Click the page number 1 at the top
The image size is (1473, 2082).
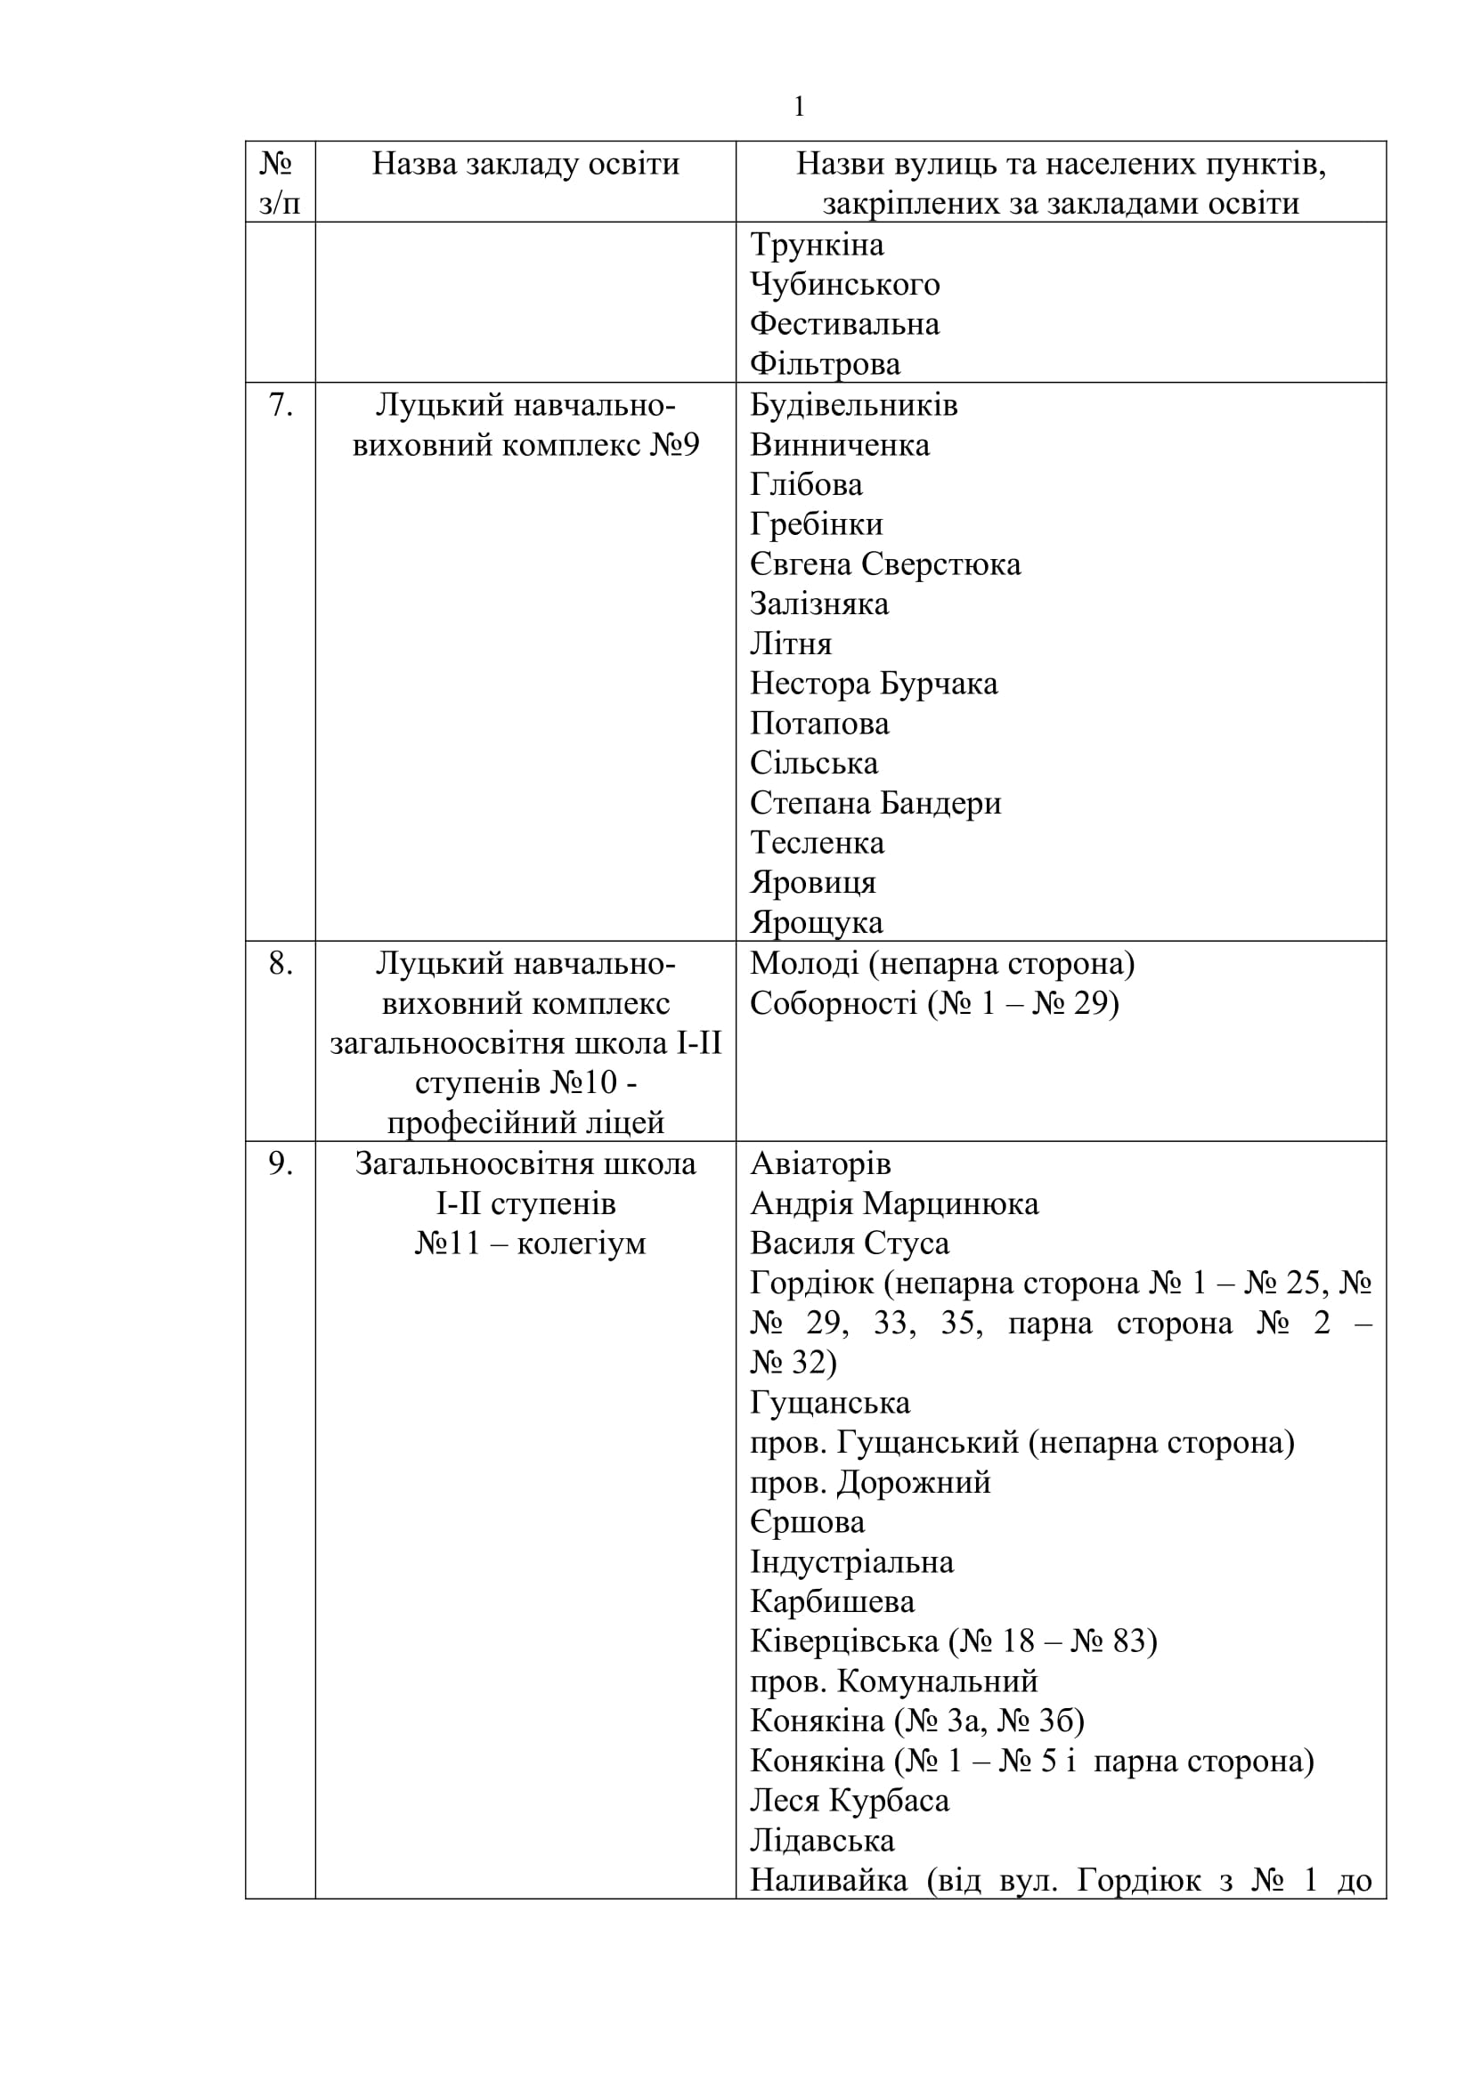tap(798, 108)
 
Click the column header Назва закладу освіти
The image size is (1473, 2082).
tap(525, 164)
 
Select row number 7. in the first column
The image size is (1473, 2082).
tap(281, 405)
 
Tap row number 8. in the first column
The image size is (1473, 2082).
tap(281, 963)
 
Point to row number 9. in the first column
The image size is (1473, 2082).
tap(281, 1163)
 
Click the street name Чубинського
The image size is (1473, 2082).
tap(844, 285)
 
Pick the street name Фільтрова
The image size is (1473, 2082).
tap(825, 365)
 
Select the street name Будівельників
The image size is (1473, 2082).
tap(853, 405)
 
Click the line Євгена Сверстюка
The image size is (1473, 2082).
tap(885, 564)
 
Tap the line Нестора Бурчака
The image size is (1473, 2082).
tap(874, 684)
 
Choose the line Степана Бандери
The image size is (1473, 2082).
tap(875, 804)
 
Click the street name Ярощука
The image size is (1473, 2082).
tap(817, 922)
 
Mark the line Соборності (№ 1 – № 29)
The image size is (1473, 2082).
tap(934, 1003)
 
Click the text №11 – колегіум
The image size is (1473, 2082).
tap(530, 1244)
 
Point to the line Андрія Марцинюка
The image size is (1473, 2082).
tap(894, 1204)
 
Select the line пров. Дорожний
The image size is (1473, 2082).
tap(870, 1483)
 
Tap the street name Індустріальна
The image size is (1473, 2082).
tap(851, 1562)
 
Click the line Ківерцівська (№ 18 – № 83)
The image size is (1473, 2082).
tap(953, 1641)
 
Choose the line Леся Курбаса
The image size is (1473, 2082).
tap(849, 1800)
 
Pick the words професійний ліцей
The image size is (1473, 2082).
tap(525, 1122)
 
